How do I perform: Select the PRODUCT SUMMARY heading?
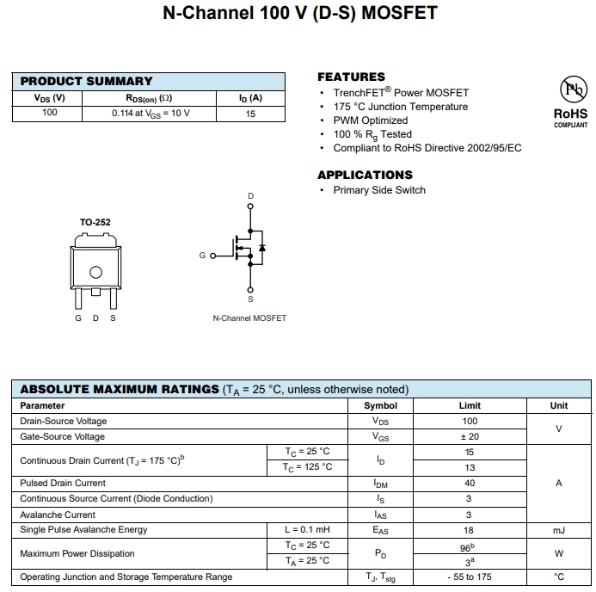pyautogui.click(x=86, y=81)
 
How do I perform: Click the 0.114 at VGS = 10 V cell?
pyautogui.click(x=151, y=113)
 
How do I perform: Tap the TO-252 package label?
pyautogui.click(x=95, y=222)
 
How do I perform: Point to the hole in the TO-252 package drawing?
pyautogui.click(x=95, y=273)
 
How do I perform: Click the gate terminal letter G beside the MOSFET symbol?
pyautogui.click(x=202, y=256)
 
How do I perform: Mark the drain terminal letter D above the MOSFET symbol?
pyautogui.click(x=251, y=197)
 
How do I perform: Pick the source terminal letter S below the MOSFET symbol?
pyautogui.click(x=251, y=299)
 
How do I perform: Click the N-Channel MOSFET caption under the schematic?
pyautogui.click(x=249, y=318)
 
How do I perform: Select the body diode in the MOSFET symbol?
pyautogui.click(x=261, y=248)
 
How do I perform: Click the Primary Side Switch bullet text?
pyautogui.click(x=379, y=190)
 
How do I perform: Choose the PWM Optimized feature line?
pyautogui.click(x=371, y=120)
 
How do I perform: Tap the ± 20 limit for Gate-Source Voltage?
pyautogui.click(x=470, y=436)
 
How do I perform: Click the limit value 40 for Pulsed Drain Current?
pyautogui.click(x=470, y=484)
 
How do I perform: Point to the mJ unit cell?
pyautogui.click(x=559, y=530)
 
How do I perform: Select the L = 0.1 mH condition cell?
pyautogui.click(x=307, y=530)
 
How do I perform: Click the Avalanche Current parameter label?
pyautogui.click(x=58, y=515)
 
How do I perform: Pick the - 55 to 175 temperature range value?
pyautogui.click(x=470, y=577)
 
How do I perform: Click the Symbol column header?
pyautogui.click(x=381, y=405)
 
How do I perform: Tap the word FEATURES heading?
pyautogui.click(x=351, y=77)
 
